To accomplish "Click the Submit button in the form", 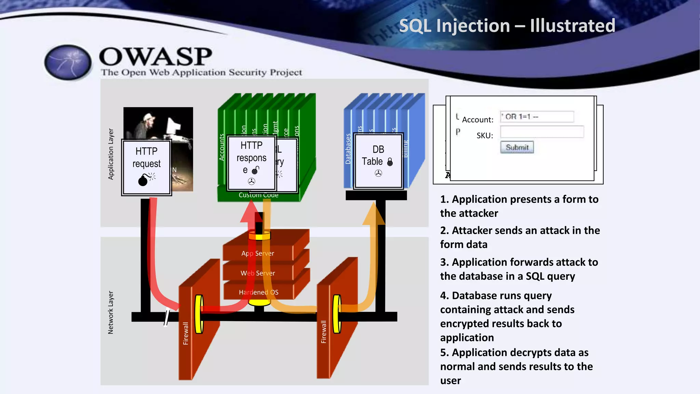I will [517, 147].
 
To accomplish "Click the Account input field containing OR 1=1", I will [537, 117].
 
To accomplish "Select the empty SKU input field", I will [542, 132].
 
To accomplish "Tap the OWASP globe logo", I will [68, 63].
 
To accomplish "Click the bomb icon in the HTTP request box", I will [143, 180].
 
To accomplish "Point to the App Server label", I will [258, 253].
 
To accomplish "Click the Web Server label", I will [258, 273].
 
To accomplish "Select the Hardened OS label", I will [258, 292].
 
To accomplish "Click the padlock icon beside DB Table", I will [390, 162].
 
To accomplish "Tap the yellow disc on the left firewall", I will [199, 314].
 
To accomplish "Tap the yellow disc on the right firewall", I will [337, 314].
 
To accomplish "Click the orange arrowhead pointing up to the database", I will [374, 214].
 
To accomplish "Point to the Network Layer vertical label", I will [110, 312].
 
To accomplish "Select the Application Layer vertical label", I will [111, 154].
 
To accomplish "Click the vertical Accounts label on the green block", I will [221, 147].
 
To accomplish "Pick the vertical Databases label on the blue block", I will [348, 149].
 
